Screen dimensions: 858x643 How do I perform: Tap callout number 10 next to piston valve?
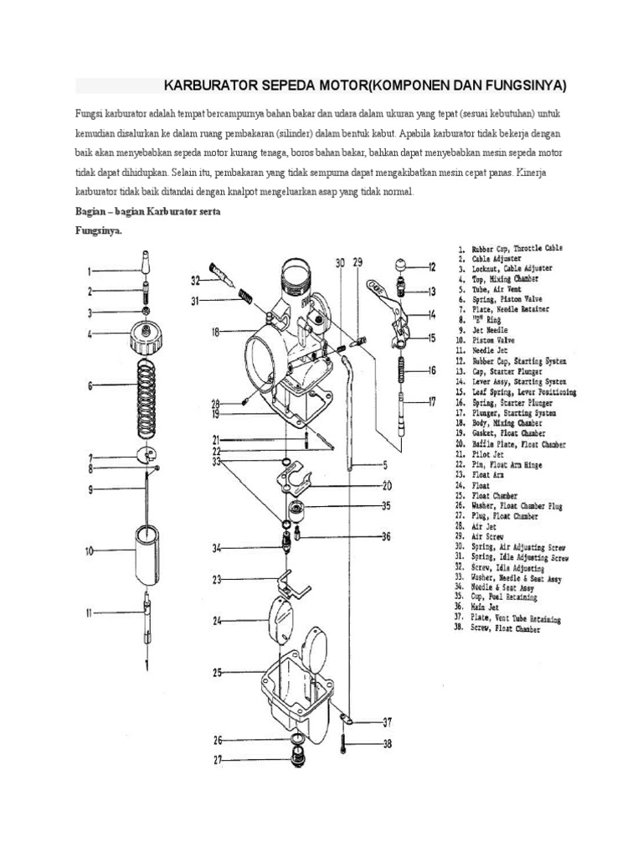(x=90, y=550)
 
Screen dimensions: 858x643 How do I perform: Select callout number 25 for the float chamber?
(x=217, y=672)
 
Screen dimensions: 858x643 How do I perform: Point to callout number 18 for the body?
(x=216, y=332)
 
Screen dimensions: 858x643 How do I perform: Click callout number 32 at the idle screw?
(x=195, y=279)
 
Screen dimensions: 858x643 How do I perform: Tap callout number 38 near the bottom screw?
(x=386, y=743)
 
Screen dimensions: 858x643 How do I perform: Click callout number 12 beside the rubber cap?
(x=431, y=267)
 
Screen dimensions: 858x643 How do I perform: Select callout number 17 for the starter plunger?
(x=431, y=401)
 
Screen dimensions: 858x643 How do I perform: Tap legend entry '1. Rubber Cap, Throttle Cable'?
(x=510, y=248)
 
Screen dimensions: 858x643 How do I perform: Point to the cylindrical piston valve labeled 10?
(x=147, y=552)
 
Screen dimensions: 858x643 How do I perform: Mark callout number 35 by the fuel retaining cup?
(x=386, y=505)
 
